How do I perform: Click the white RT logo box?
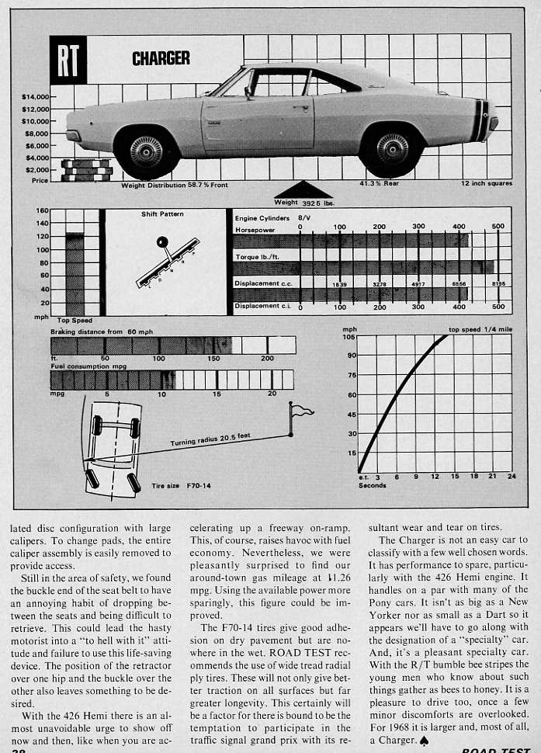68,60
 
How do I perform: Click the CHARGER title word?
161,58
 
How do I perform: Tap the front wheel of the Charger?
146,151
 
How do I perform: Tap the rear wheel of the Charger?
392,148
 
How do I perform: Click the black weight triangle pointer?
303,190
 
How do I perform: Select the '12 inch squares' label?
486,184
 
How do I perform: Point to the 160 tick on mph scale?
42,211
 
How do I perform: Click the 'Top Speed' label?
74,320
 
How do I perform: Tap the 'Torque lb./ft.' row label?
257,256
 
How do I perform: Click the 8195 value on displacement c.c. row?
498,284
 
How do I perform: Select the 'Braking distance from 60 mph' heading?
102,331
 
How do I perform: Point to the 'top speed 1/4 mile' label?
480,329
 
